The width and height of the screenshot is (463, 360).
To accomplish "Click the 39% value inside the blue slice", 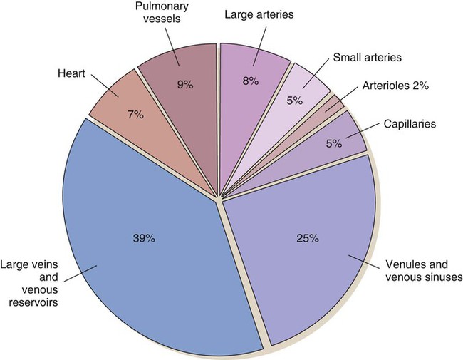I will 144,238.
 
